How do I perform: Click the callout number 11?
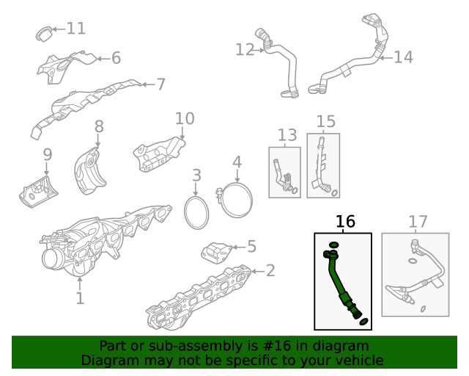[x=75, y=29]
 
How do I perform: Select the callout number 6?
[x=116, y=58]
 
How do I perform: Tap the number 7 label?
[x=160, y=84]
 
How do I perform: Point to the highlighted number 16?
[x=345, y=222]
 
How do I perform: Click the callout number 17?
[x=418, y=222]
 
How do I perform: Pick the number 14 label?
[x=403, y=57]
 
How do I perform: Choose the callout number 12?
[x=244, y=49]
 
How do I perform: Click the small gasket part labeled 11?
[x=45, y=32]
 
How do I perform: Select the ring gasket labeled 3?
[x=196, y=213]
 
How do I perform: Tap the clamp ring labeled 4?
[x=236, y=201]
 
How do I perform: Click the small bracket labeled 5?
[x=216, y=252]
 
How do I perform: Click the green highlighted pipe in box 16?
[x=340, y=284]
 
